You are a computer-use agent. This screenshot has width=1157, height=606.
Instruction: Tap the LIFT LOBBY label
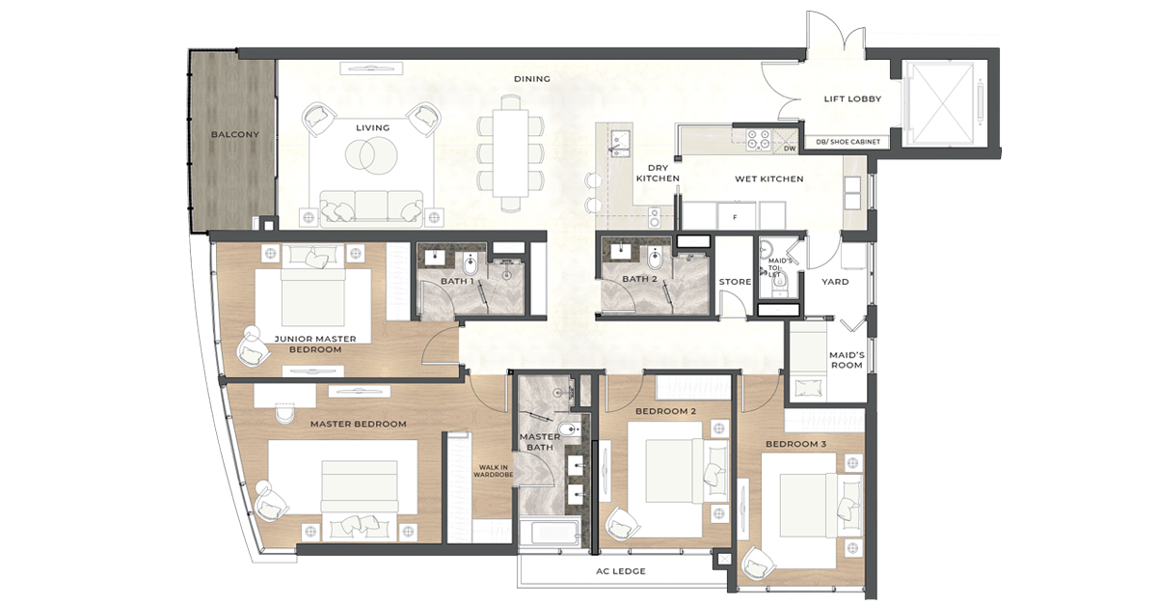pos(852,98)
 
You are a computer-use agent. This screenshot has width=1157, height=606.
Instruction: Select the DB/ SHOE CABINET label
pos(848,142)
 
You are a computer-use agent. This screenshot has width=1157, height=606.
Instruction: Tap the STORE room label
pos(735,282)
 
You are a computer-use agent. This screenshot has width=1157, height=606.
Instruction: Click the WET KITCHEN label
pos(768,179)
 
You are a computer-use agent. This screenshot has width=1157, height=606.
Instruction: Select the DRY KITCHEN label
pos(664,173)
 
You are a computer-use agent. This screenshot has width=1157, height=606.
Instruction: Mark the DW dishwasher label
pos(789,149)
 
